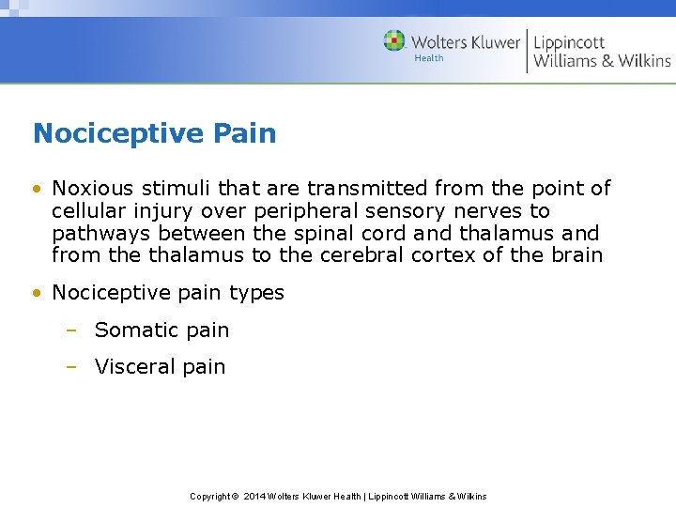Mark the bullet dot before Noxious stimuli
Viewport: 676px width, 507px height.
click(36, 189)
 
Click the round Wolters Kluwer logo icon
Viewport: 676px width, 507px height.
click(394, 41)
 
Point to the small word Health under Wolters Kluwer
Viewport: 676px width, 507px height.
click(428, 58)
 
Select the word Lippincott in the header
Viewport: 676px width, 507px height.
click(569, 42)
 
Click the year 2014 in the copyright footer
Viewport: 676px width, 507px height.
click(253, 496)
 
